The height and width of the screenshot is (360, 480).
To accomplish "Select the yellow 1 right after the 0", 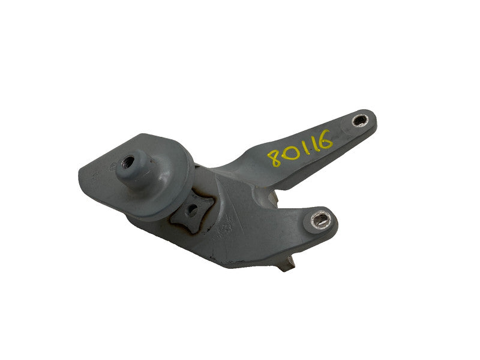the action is pyautogui.click(x=302, y=146).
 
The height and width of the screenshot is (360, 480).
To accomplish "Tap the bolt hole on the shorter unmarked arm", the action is pyautogui.click(x=320, y=219).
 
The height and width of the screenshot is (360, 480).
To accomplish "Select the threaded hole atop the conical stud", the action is pyautogui.click(x=128, y=160).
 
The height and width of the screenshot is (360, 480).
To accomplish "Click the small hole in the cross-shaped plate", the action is pyautogui.click(x=192, y=209).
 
